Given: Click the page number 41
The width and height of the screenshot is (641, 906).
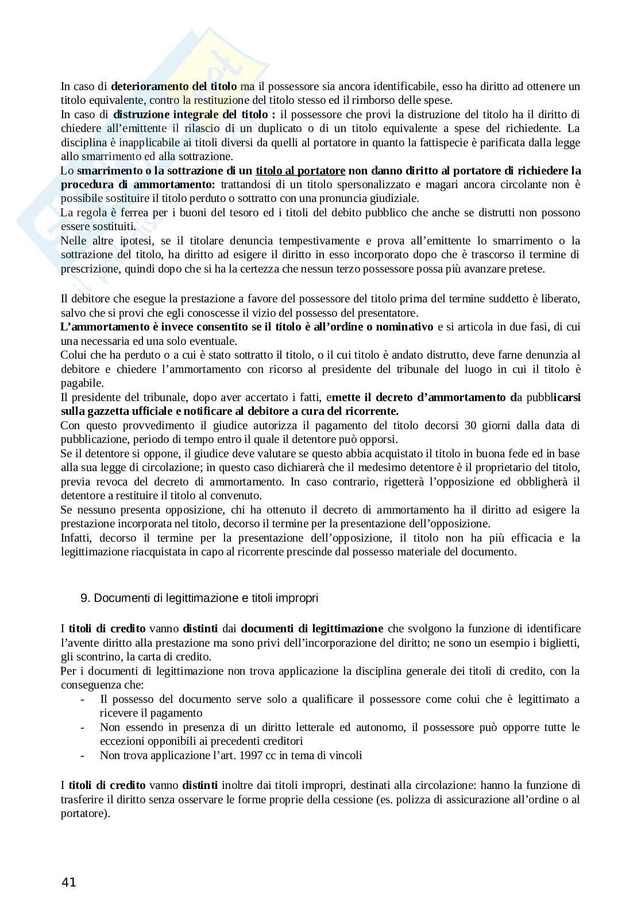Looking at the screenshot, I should (68, 882).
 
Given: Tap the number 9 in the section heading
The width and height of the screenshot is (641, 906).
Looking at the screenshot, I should (84, 598).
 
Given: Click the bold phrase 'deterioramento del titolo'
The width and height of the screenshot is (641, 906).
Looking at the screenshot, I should (173, 87).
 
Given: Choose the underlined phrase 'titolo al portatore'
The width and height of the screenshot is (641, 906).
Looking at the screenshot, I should (300, 170).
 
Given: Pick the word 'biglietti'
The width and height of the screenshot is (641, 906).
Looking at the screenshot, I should (559, 643).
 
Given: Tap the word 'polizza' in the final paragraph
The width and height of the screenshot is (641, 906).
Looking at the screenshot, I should (406, 799).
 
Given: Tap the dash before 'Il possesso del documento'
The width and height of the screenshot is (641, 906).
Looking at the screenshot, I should (84, 699).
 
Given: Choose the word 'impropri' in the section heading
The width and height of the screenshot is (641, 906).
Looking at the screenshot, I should (299, 598).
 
